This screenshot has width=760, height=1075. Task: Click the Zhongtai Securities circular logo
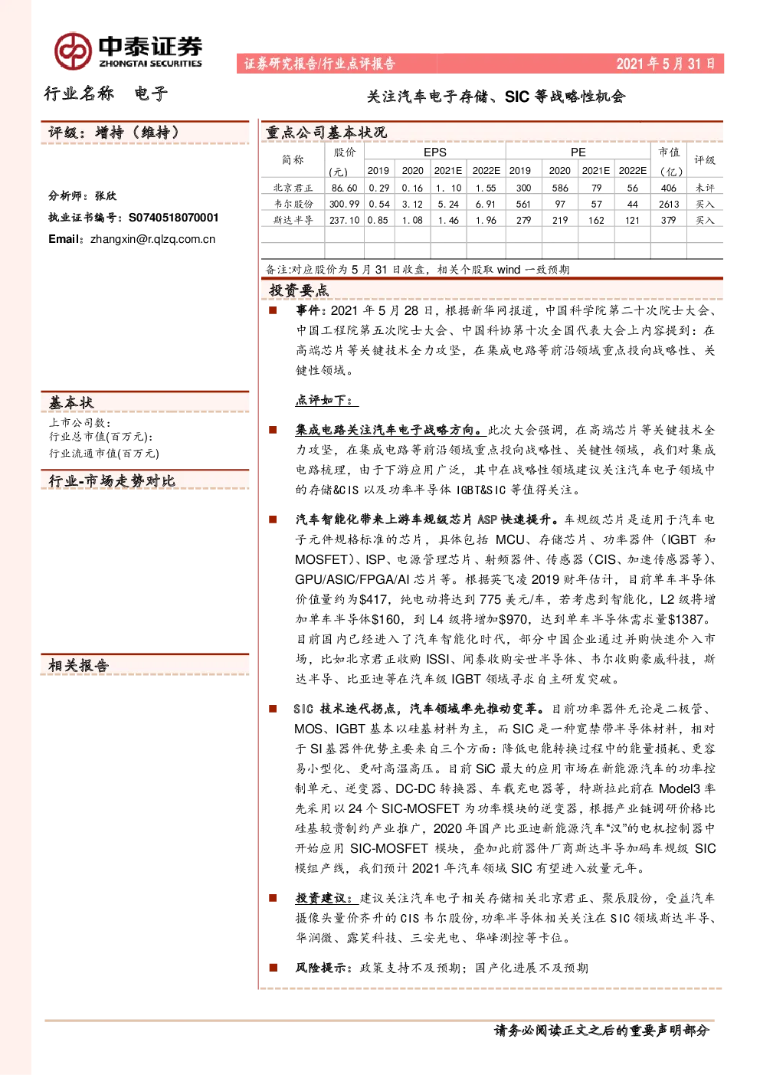click(x=73, y=51)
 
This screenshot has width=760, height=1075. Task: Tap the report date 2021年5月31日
click(x=666, y=64)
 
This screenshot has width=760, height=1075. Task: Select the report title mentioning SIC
click(x=496, y=97)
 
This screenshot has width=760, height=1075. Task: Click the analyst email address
click(x=152, y=239)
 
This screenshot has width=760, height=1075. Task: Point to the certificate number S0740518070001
click(x=173, y=218)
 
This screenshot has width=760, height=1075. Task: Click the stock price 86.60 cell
click(x=344, y=188)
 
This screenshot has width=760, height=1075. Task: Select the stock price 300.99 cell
click(x=344, y=204)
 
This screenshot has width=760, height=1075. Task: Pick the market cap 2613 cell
click(x=668, y=204)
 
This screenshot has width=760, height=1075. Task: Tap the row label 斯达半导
click(x=293, y=220)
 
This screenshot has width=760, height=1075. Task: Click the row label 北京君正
click(x=293, y=188)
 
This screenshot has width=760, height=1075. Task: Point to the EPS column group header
click(x=434, y=152)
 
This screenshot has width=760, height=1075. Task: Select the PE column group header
click(x=578, y=152)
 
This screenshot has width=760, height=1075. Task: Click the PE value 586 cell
click(x=559, y=188)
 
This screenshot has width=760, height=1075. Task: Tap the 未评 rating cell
click(x=705, y=188)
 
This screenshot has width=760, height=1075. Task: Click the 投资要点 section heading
click(x=299, y=290)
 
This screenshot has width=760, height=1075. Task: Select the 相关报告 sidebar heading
click(x=78, y=665)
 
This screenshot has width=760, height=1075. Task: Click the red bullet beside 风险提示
click(x=273, y=968)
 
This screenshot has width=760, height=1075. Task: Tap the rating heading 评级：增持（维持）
click(x=113, y=132)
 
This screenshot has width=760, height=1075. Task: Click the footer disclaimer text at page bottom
click(x=601, y=1030)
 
